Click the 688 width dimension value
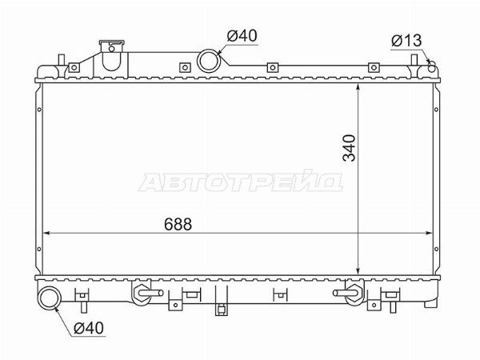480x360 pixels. (x=178, y=224)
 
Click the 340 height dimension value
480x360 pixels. (x=350, y=148)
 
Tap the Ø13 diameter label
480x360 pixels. (x=406, y=41)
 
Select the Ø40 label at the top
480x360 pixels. (x=242, y=36)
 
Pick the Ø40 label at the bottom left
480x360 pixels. (x=89, y=328)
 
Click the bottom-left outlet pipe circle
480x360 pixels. (x=50, y=298)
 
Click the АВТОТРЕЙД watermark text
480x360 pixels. (x=241, y=181)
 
